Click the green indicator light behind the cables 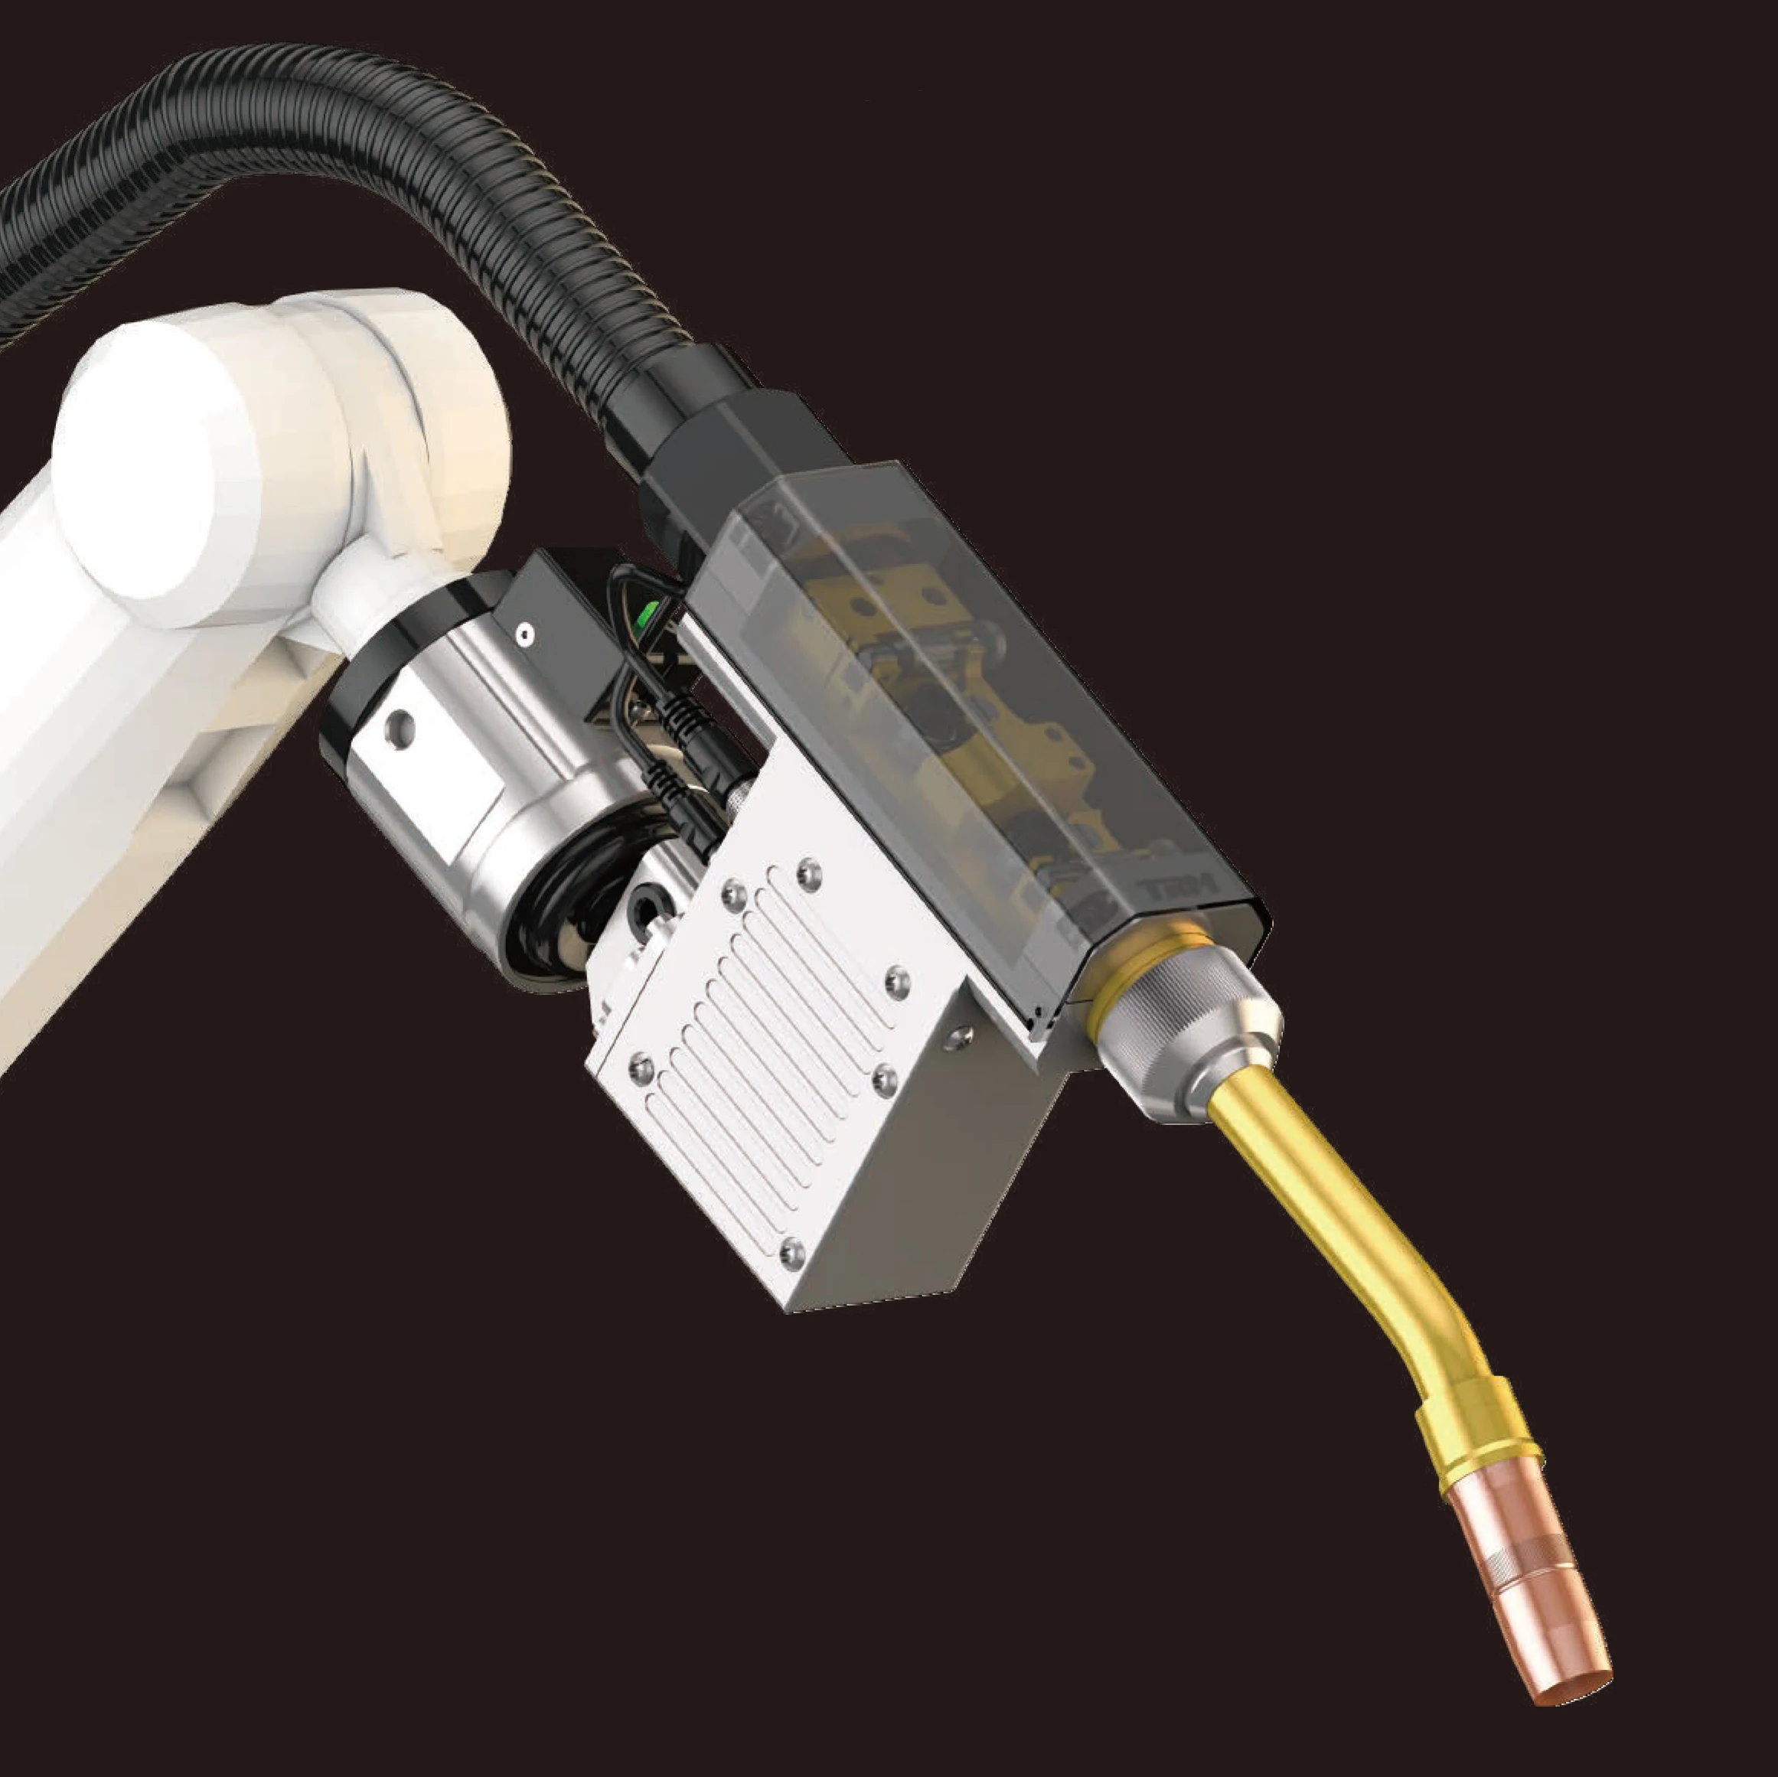[651, 610]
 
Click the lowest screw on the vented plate [790, 1249]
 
